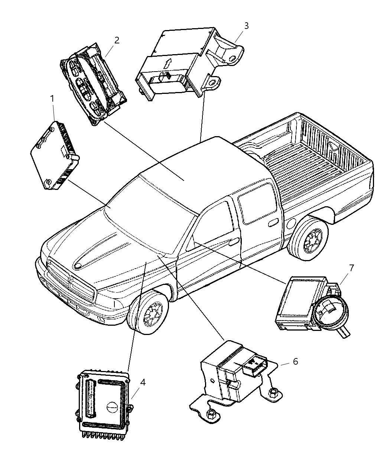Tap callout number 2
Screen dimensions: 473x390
[x=117, y=40]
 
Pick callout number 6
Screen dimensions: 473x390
[x=295, y=361]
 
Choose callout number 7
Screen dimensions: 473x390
[x=351, y=267]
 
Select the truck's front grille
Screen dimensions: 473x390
[x=71, y=282]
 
